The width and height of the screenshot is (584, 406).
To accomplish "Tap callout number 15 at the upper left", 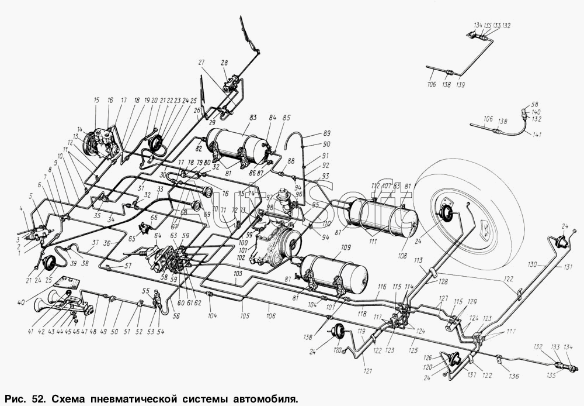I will [x=96, y=100].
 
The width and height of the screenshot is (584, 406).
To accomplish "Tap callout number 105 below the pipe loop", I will [x=244, y=316].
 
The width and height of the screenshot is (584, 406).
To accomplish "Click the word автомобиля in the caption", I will [x=256, y=398].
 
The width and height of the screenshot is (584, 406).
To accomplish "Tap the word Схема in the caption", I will [x=70, y=398].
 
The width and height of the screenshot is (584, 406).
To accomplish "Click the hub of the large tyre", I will [x=447, y=213].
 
